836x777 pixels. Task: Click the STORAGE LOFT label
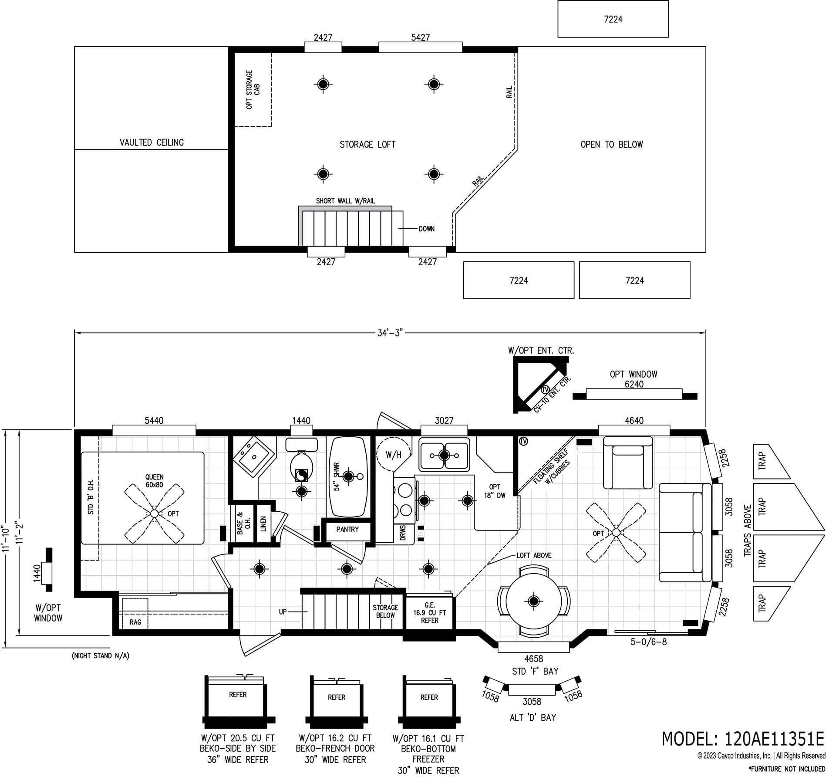(x=367, y=144)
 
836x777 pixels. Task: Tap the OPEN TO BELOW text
(x=611, y=144)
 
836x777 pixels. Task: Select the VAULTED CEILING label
(x=152, y=142)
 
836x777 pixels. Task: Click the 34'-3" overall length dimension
(x=390, y=333)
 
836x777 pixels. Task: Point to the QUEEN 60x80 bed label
(x=155, y=481)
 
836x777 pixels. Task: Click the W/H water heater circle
(x=393, y=455)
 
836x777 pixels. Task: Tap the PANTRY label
(x=347, y=529)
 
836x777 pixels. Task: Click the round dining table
(x=533, y=601)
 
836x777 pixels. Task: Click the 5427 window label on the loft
(x=420, y=37)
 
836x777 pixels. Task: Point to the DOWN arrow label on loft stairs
(x=426, y=229)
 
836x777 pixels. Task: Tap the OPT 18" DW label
(x=495, y=491)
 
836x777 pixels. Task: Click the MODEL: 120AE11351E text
(x=743, y=739)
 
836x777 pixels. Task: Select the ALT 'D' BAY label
(x=533, y=717)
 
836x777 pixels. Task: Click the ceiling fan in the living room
(x=616, y=532)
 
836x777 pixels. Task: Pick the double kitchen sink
(x=444, y=455)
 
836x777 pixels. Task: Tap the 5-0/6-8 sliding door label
(x=649, y=642)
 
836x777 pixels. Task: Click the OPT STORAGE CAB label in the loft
(x=253, y=89)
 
